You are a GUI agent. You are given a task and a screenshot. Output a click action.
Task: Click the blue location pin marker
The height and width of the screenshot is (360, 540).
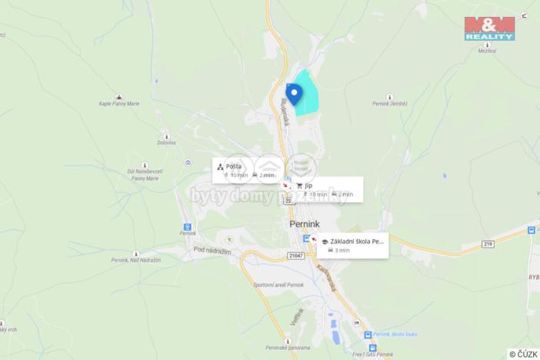294,93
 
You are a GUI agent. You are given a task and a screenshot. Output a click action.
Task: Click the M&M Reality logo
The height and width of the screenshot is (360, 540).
489,27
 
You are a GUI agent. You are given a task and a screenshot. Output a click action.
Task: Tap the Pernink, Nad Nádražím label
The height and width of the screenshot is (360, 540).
135,261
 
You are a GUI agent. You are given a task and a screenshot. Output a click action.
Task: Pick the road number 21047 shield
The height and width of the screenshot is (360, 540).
296,255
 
